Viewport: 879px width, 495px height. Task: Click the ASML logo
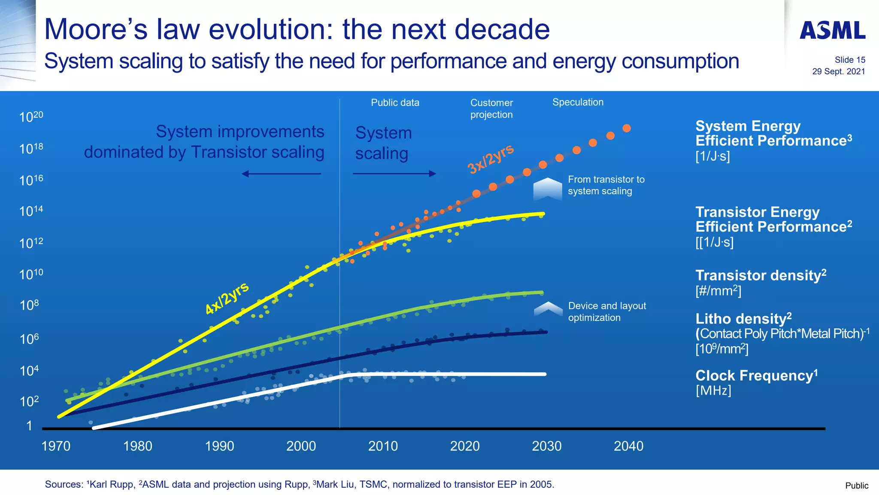pyautogui.click(x=832, y=30)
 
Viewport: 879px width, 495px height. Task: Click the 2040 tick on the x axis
pyautogui.click(x=628, y=446)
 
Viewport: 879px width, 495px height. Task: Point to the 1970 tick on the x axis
pyautogui.click(x=56, y=446)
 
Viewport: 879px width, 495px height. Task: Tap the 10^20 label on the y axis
pyautogui.click(x=31, y=117)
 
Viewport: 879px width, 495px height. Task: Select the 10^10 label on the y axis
pyautogui.click(x=31, y=274)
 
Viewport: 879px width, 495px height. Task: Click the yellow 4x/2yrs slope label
pyautogui.click(x=227, y=298)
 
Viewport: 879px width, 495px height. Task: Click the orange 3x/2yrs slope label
pyautogui.click(x=490, y=159)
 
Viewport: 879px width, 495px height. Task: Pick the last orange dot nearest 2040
pyautogui.click(x=627, y=128)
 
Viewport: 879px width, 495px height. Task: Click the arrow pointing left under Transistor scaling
pyautogui.click(x=281, y=174)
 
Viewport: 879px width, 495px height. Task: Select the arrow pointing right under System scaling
pyautogui.click(x=394, y=174)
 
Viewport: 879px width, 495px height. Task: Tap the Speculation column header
pyautogui.click(x=578, y=102)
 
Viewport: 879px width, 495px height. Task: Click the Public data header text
pyautogui.click(x=395, y=103)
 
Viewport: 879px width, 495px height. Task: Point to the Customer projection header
pyautogui.click(x=491, y=109)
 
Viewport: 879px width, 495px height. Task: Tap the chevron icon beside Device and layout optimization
pyautogui.click(x=548, y=309)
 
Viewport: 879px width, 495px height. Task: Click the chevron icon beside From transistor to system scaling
pyautogui.click(x=547, y=189)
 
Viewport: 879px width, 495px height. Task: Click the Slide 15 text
pyautogui.click(x=849, y=60)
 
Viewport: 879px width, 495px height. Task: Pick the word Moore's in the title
pyautogui.click(x=96, y=29)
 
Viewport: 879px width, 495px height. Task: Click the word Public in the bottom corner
pyautogui.click(x=856, y=486)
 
